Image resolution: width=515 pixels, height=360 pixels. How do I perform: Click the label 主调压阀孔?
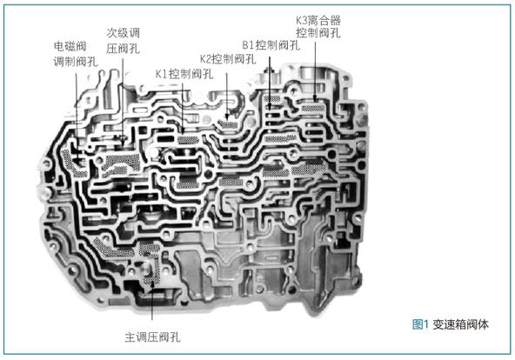[x=153, y=337]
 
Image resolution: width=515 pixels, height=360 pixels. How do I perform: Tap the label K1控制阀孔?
[x=184, y=74]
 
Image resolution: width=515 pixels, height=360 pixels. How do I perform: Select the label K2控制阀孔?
[x=228, y=59]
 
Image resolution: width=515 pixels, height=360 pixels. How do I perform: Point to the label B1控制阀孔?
[x=271, y=45]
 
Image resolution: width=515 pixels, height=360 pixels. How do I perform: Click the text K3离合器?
[x=318, y=20]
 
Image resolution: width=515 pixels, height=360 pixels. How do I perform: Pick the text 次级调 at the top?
[x=124, y=33]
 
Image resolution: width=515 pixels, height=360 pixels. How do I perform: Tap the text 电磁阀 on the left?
[x=70, y=46]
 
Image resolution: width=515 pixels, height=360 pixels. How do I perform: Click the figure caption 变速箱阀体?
[x=460, y=324]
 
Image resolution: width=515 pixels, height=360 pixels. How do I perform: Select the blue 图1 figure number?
[x=420, y=324]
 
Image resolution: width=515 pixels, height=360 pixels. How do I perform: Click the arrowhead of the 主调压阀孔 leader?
[x=152, y=285]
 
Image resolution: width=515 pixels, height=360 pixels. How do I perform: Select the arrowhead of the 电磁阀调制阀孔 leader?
[x=77, y=160]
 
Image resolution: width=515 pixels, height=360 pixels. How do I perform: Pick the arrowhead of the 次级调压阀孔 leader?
[x=123, y=143]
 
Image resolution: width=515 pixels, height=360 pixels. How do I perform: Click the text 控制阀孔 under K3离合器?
[x=318, y=33]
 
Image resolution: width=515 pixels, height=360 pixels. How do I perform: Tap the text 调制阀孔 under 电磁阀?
[x=76, y=62]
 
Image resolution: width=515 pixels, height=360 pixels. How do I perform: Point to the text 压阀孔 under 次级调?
[x=124, y=49]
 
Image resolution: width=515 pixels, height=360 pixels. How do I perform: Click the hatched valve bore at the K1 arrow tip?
[x=188, y=140]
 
